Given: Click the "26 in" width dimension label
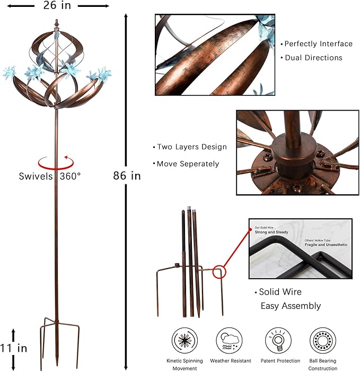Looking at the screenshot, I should point(56,6).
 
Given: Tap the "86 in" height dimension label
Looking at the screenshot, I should point(127,175).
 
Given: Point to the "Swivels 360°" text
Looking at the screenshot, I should point(50,175).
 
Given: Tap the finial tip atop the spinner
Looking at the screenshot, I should point(57,24).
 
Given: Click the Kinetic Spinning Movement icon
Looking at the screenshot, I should point(185,340).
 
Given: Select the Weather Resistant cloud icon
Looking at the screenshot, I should point(229,340).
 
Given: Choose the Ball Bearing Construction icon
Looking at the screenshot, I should point(322,340).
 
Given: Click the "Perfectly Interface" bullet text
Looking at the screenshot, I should point(318,44).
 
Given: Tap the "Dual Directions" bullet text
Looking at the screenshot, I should point(313,58).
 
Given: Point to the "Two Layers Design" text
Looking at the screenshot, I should point(191,147).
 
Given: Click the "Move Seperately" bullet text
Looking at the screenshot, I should point(188,164).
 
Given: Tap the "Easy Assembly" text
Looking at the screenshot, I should point(291,306).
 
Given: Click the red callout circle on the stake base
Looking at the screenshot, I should point(218,272).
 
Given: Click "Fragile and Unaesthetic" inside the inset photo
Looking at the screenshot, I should point(326,244).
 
